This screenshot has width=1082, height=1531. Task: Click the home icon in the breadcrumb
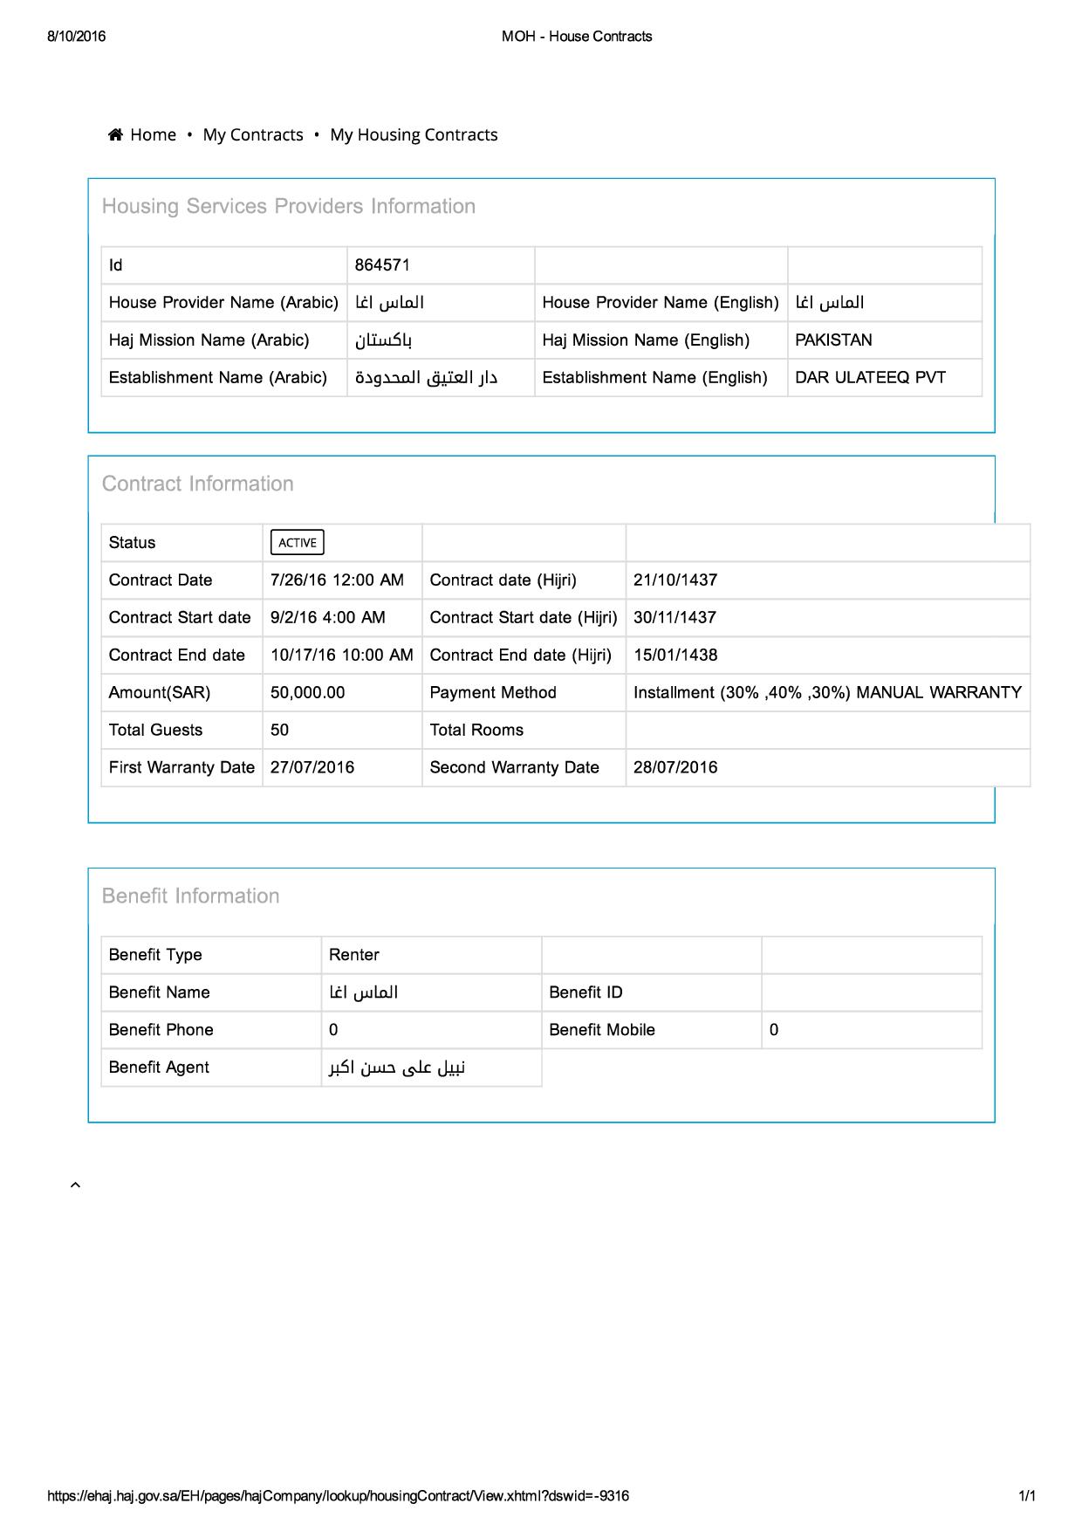tap(115, 134)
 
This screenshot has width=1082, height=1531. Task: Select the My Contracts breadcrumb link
tap(253, 134)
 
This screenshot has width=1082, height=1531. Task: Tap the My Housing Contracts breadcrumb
tap(414, 134)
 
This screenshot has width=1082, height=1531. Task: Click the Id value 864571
tap(382, 265)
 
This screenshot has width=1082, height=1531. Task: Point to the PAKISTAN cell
tap(833, 340)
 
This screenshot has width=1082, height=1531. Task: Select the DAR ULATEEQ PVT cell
tap(870, 378)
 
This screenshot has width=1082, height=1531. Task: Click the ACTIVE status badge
tap(298, 543)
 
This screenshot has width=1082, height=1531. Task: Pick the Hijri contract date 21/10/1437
tap(675, 580)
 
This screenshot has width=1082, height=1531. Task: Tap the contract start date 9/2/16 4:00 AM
tap(327, 618)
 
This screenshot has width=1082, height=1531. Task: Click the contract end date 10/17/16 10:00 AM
tap(341, 656)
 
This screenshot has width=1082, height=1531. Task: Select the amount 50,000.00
tap(307, 693)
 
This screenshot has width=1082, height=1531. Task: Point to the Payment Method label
tap(493, 693)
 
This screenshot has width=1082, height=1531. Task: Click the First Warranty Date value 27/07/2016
tap(312, 768)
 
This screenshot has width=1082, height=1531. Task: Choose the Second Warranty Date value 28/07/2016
tap(675, 768)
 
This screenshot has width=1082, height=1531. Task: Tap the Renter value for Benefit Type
tap(354, 955)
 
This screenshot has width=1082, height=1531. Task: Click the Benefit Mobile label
tap(602, 1030)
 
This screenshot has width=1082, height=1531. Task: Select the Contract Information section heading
tap(198, 484)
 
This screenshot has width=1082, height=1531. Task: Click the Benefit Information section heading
tap(191, 896)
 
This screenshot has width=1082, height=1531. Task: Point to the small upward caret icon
tap(75, 1184)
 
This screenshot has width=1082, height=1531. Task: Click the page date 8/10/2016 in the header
tap(77, 37)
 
